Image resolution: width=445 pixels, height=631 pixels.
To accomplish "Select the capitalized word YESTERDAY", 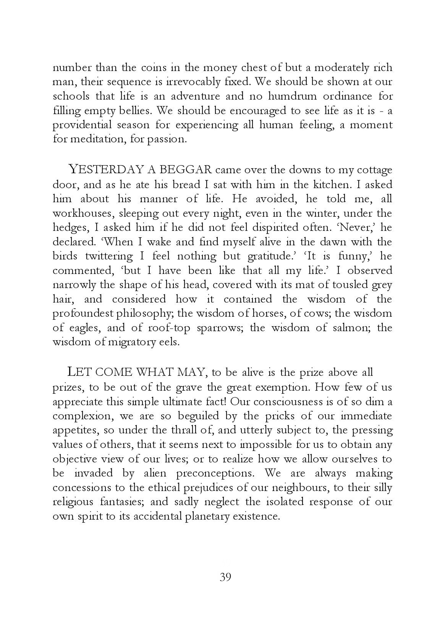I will tap(106, 169).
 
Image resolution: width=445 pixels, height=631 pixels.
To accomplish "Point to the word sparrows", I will tap(220, 328).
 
